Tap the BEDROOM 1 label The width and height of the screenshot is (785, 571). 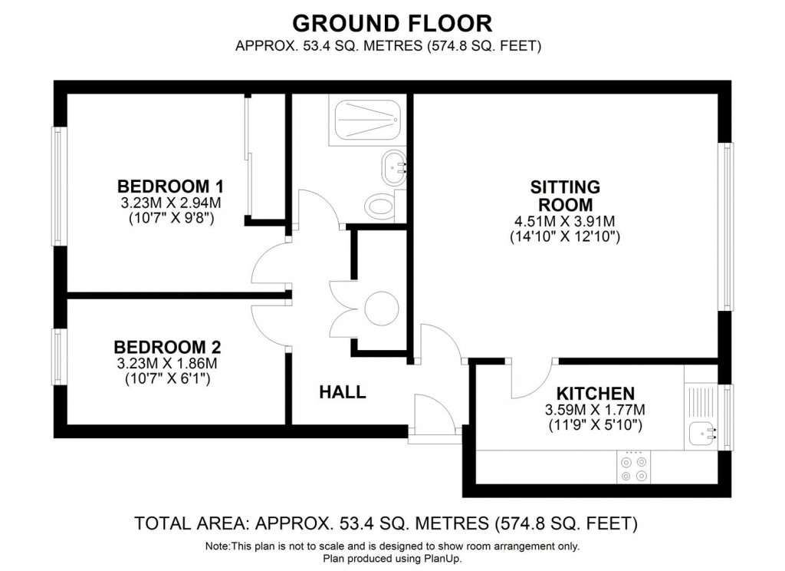170,186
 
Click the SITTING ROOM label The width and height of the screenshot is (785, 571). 565,196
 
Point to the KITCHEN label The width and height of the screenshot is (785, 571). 595,392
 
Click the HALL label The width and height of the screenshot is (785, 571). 342,392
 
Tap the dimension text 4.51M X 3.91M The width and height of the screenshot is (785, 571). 565,222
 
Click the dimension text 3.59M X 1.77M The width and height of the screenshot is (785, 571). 595,408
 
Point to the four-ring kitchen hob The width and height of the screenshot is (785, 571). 633,468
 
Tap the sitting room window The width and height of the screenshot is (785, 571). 724,226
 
